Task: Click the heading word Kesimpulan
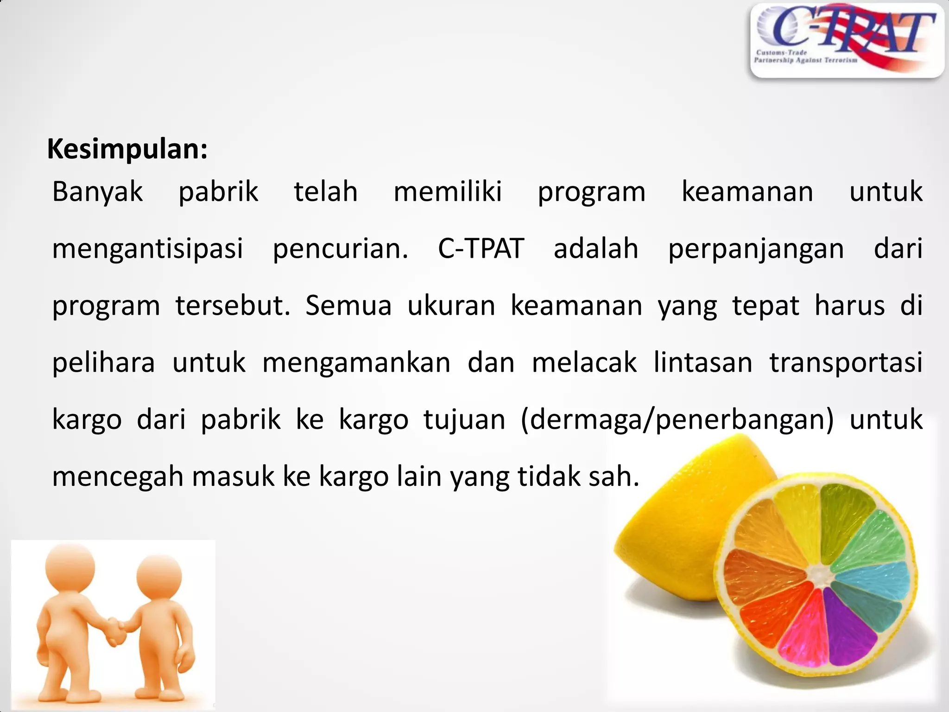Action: (127, 150)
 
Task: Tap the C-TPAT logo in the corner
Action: (846, 40)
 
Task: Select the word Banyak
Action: (97, 191)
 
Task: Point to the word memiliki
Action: (447, 191)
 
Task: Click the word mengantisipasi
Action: (147, 249)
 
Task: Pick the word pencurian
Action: (340, 249)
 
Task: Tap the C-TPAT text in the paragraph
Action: (481, 248)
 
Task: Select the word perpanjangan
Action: (756, 249)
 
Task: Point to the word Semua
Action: (348, 306)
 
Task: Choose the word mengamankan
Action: (356, 363)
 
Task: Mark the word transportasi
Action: (846, 363)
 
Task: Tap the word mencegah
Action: (118, 477)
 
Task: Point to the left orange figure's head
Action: (70, 568)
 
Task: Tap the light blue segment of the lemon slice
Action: (876, 580)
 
